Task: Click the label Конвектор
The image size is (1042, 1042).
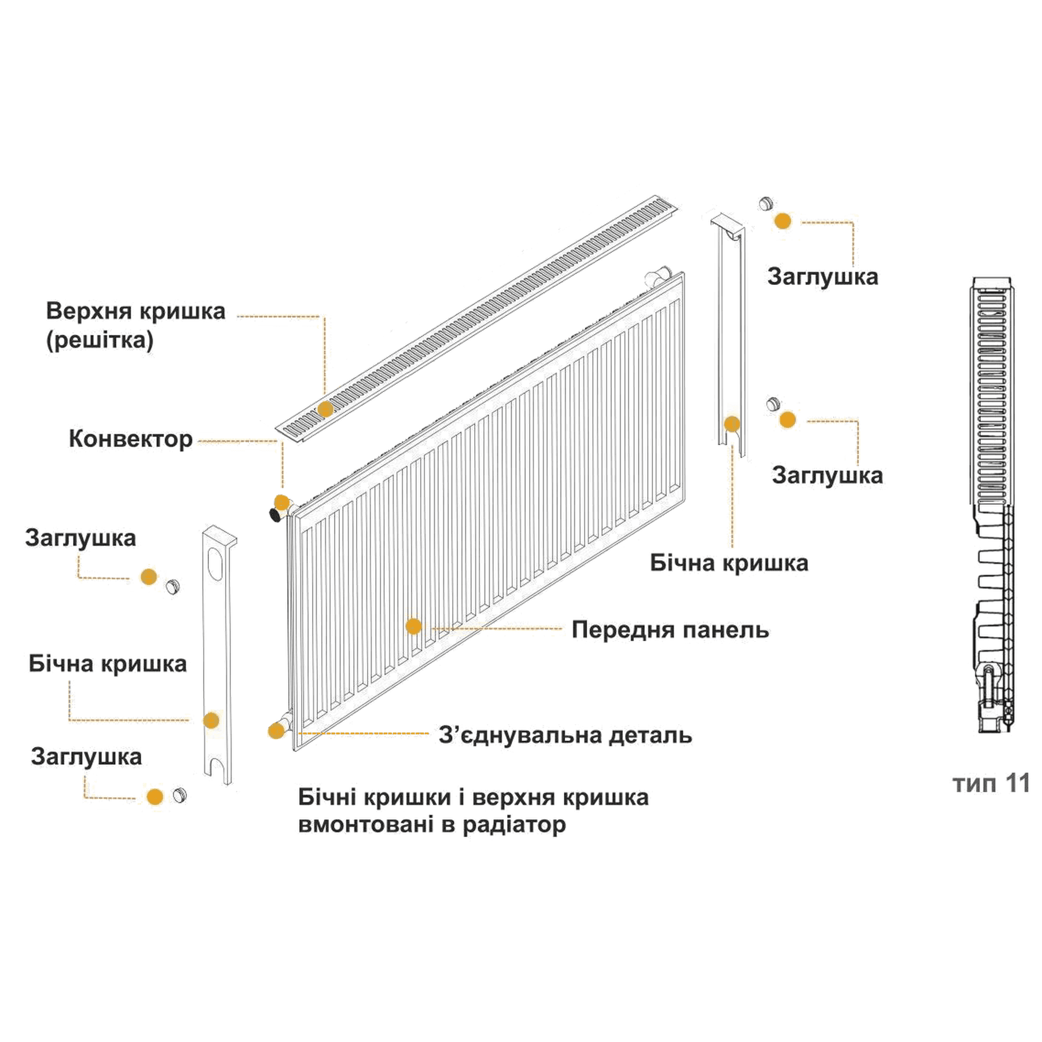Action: pyautogui.click(x=131, y=439)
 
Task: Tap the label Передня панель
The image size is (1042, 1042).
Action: pyautogui.click(x=670, y=630)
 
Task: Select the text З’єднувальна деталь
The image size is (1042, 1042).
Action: pyautogui.click(x=566, y=735)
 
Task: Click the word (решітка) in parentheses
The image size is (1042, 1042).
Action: pyautogui.click(x=100, y=340)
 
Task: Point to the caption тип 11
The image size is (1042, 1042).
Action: pyautogui.click(x=991, y=784)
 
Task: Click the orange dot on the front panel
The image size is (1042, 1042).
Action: pyautogui.click(x=413, y=626)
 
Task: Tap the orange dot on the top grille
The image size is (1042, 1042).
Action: pyautogui.click(x=325, y=409)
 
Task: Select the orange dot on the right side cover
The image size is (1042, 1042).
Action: pyautogui.click(x=732, y=424)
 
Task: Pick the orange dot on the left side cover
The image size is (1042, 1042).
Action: pyautogui.click(x=211, y=720)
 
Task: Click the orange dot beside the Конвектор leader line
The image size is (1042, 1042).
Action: pyautogui.click(x=281, y=502)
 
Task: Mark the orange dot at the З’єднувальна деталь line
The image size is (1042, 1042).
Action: pyautogui.click(x=276, y=731)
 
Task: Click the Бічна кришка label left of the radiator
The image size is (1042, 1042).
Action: pyautogui.click(x=108, y=664)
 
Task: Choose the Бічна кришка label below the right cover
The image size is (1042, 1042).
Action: pyautogui.click(x=729, y=563)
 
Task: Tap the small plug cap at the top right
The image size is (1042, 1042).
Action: pyautogui.click(x=766, y=204)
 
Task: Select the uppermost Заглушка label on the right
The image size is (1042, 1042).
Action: pyautogui.click(x=823, y=277)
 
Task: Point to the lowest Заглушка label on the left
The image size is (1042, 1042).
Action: pyautogui.click(x=86, y=757)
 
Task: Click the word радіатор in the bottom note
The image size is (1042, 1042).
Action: pyautogui.click(x=515, y=824)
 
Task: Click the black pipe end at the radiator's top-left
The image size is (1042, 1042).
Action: pyautogui.click(x=276, y=514)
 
